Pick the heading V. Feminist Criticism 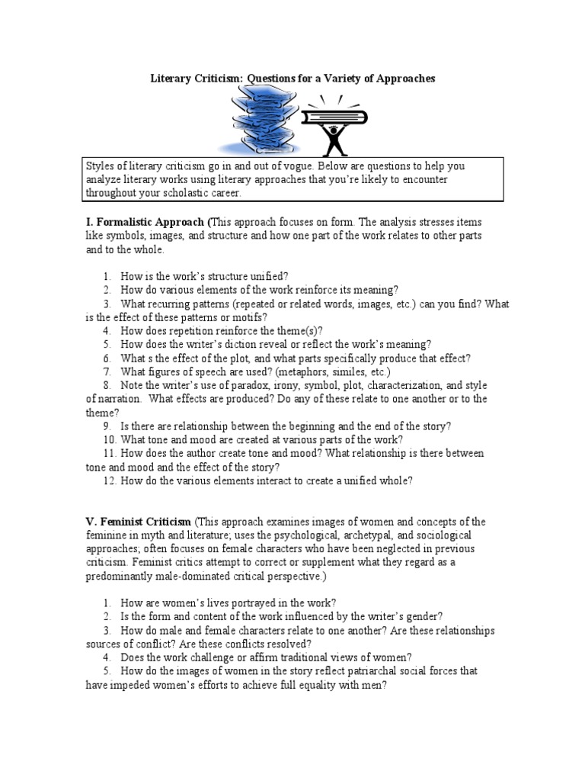tap(139, 522)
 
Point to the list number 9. tap(107, 426)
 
